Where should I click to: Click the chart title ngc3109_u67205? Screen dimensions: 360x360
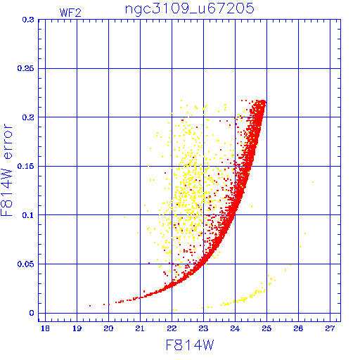coord(190,9)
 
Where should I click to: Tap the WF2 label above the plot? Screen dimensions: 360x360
coord(70,13)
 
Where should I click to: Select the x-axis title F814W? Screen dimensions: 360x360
coord(190,345)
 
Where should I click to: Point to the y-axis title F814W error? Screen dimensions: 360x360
coord(6,169)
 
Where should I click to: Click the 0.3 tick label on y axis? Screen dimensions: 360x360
coord(28,20)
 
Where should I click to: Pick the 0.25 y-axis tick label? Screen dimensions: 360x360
coord(25,68)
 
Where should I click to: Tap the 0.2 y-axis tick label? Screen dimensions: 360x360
coord(28,117)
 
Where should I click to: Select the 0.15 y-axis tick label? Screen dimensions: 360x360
coord(25,166)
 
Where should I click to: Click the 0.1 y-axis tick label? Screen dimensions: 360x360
coord(28,215)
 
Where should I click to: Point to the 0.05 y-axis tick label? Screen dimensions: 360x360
coord(25,264)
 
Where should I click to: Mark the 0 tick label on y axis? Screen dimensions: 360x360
coord(32,313)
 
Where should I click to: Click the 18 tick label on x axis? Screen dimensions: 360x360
coord(45,328)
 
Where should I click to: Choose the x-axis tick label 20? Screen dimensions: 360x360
coord(108,328)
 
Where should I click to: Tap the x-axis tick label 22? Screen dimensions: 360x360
coord(172,328)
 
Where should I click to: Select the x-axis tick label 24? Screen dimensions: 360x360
coord(235,328)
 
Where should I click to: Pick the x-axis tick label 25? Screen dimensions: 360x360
coord(266,328)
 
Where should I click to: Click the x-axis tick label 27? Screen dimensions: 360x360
coord(330,328)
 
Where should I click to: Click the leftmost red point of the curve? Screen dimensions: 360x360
coord(90,306)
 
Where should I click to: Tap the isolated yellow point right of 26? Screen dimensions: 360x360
coord(313,182)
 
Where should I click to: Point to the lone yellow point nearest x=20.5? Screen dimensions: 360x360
coord(124,217)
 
